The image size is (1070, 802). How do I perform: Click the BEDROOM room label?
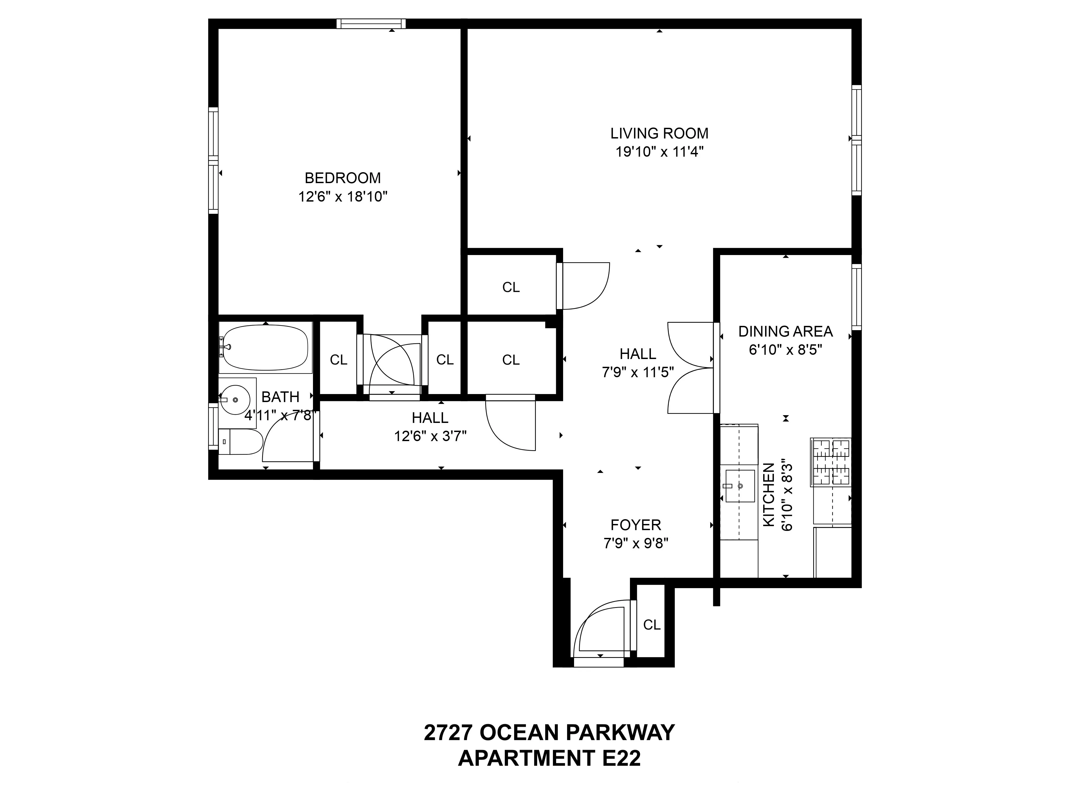tap(342, 178)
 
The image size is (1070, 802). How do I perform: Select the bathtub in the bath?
tap(265, 347)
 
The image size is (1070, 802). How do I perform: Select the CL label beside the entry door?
tap(652, 625)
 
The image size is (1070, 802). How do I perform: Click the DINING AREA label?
tap(785, 332)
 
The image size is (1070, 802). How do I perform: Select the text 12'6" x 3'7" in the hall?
tap(430, 437)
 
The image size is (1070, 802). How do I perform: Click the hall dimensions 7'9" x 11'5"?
tap(637, 373)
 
